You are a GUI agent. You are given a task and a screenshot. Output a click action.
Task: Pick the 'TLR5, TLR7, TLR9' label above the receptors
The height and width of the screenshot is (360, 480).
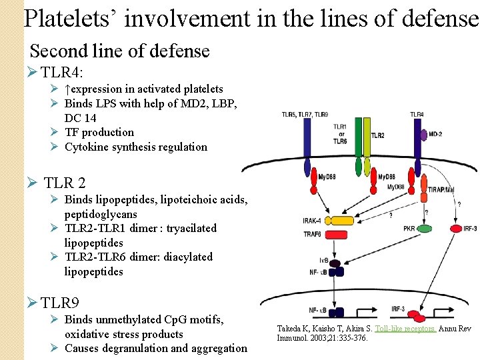point(305,114)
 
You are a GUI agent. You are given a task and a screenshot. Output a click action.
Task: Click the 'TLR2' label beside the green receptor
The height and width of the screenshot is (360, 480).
point(377,135)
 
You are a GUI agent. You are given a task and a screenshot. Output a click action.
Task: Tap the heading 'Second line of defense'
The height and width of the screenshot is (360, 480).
point(120,51)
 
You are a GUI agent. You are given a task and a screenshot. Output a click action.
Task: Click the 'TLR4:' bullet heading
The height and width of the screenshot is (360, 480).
point(61,72)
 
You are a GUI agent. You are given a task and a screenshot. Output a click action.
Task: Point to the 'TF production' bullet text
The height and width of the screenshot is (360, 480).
point(99,132)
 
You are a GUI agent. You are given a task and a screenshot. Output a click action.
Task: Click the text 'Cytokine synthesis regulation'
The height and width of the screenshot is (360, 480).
point(136,147)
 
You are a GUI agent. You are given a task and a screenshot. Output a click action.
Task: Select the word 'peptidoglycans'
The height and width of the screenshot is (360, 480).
point(101,214)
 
